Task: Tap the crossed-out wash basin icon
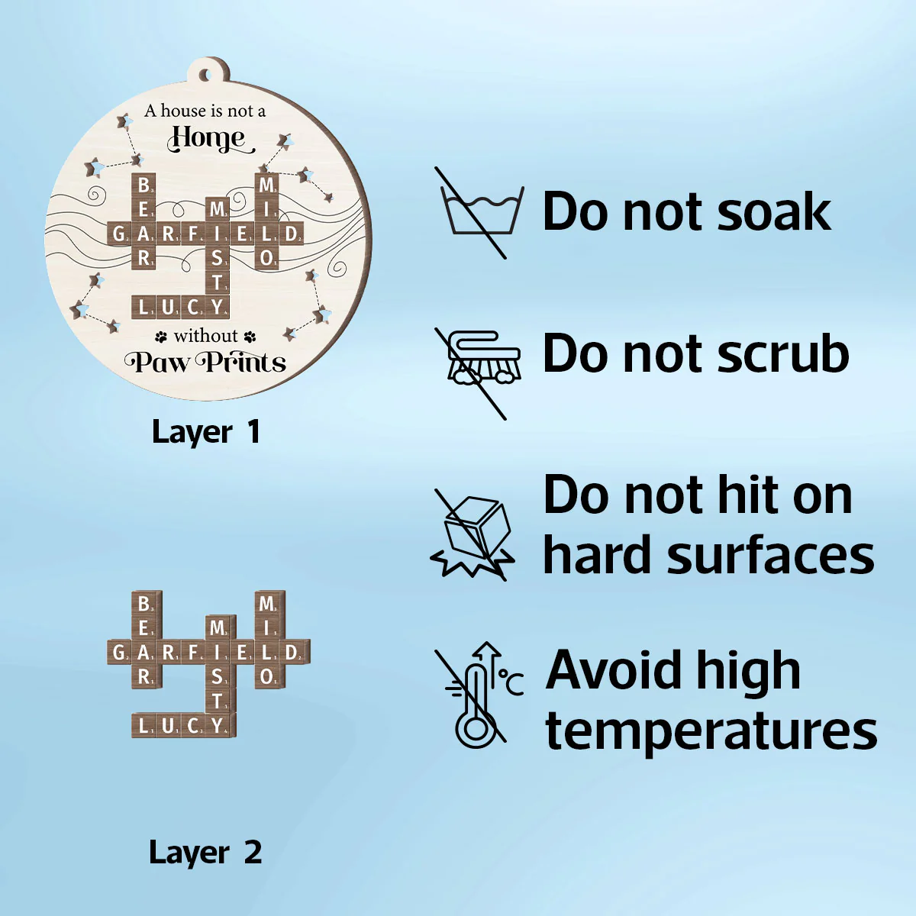[479, 212]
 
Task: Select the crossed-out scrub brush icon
[478, 373]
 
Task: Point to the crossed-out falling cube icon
[473, 535]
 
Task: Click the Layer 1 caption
[206, 432]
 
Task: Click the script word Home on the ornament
[209, 139]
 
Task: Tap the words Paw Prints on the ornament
[205, 363]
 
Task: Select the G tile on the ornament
[119, 234]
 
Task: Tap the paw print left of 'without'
[161, 337]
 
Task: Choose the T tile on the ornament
[218, 283]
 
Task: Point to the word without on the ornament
[205, 336]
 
